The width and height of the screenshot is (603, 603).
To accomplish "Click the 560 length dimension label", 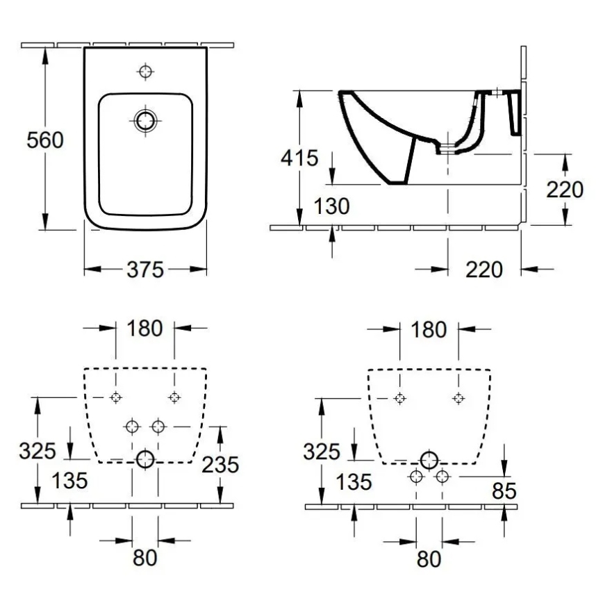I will coord(44,140).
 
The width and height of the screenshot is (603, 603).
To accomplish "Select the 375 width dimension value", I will coord(144,270).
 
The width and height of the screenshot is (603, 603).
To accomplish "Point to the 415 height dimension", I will coord(299,158).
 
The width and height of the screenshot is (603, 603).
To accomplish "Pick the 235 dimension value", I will coord(220,464).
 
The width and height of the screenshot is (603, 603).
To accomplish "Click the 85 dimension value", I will coord(504,491).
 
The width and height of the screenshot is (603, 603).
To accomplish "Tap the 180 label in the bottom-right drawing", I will coord(429,329).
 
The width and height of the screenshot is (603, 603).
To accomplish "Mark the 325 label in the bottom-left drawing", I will coord(36,451).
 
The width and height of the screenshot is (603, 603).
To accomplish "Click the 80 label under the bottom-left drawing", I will coord(144,556).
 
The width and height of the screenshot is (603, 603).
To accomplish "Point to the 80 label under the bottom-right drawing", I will coord(429,558).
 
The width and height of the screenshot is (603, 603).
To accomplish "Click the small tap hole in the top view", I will coord(145,71).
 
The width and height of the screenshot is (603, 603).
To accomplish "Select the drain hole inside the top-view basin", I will coord(145,120).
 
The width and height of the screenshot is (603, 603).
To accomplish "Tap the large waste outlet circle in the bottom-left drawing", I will coord(145,459).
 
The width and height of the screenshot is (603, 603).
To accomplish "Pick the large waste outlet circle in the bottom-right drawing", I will coord(429,459).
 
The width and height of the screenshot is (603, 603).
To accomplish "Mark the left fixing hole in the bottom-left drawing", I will coord(116,397).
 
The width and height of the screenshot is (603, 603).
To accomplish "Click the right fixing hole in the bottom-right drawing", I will coord(458,398).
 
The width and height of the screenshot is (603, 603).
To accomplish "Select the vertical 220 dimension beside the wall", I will coord(564,188).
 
